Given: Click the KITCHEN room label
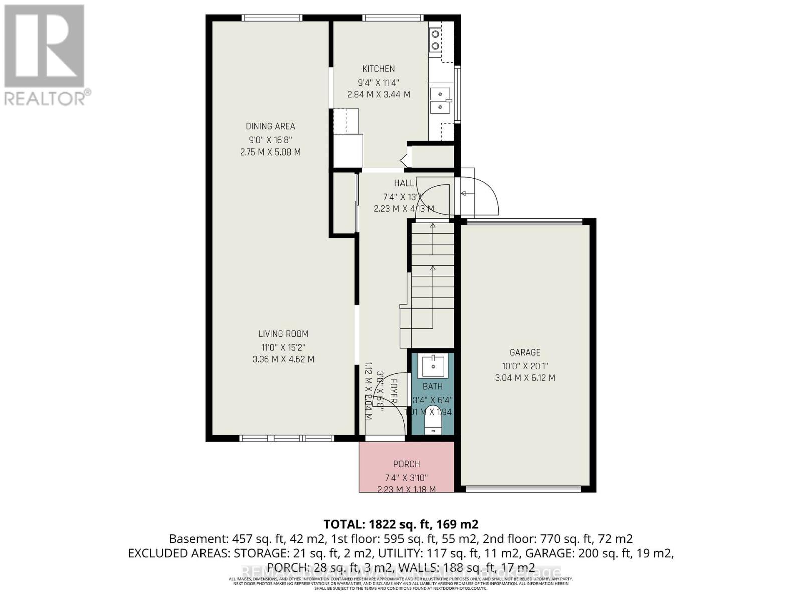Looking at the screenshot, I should click(x=378, y=69).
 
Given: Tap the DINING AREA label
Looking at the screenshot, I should click(x=270, y=126).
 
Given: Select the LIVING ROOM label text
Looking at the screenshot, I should click(x=283, y=334).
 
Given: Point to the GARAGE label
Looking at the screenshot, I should click(x=525, y=353).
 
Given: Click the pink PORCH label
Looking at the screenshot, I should click(x=407, y=464).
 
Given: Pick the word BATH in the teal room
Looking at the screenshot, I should click(x=432, y=387).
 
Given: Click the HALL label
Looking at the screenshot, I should click(x=404, y=183).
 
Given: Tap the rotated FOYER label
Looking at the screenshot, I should click(x=394, y=391).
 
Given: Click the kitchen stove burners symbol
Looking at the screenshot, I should click(x=435, y=40).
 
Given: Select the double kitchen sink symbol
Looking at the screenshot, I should click(x=440, y=100).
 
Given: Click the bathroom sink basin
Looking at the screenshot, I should click(x=432, y=366).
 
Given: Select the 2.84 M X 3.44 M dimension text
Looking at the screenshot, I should click(x=378, y=94).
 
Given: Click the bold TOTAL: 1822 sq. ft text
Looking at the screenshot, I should click(x=400, y=524).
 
